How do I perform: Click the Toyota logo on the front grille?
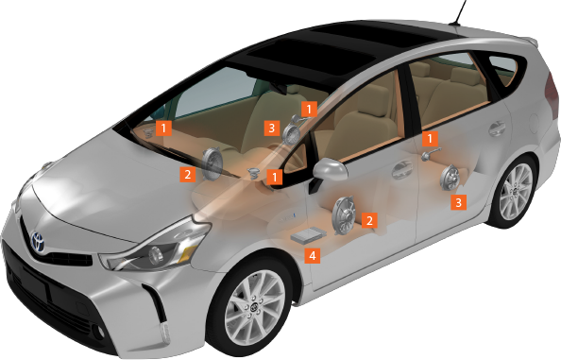[37, 242]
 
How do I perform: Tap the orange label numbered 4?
[313, 256]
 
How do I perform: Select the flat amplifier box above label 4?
[308, 235]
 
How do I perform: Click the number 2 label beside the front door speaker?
[369, 220]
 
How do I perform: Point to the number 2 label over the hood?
[188, 175]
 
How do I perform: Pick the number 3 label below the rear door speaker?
[458, 202]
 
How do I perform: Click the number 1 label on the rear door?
[430, 139]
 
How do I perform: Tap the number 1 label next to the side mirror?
[275, 177]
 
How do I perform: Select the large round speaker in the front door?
[344, 215]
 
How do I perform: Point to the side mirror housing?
[330, 169]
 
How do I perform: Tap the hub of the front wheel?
[255, 307]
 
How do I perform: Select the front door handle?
[402, 170]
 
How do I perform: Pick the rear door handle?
[498, 129]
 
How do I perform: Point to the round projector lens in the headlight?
[155, 254]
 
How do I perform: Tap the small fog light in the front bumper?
[100, 332]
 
